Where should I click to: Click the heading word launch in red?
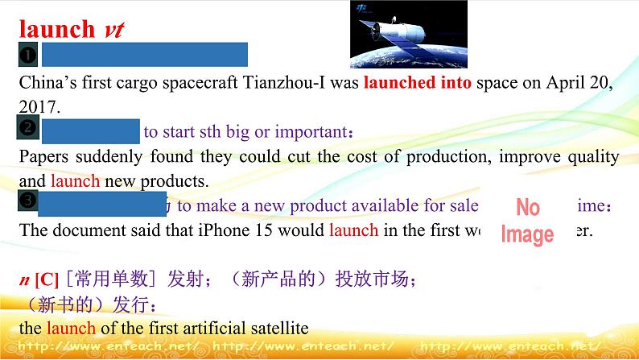pos(56,29)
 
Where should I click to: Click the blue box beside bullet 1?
pos(145,55)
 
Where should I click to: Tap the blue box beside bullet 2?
pos(91,130)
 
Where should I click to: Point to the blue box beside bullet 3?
pos(102,204)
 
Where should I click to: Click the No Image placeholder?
pos(527,221)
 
